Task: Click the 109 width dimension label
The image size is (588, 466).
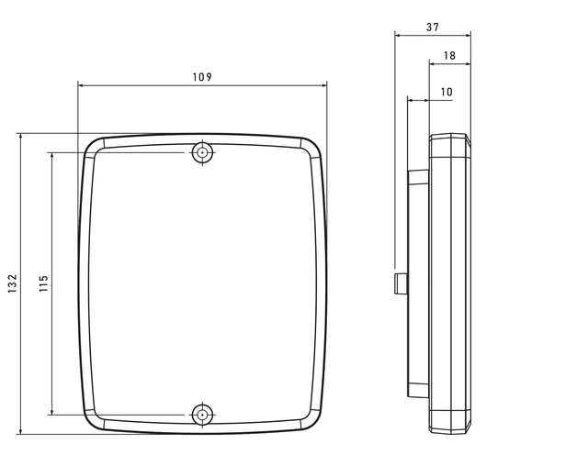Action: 202,77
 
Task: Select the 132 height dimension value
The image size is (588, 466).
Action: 12,283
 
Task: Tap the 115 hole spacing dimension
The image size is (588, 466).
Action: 43,283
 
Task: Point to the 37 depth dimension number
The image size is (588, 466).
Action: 433,27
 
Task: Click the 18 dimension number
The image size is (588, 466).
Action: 449,55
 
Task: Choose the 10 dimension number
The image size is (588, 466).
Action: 447,92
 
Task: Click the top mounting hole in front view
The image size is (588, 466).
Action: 202,152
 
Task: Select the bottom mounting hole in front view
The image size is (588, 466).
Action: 202,416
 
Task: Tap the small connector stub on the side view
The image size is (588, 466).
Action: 401,283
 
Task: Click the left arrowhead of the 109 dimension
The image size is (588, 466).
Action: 81,85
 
